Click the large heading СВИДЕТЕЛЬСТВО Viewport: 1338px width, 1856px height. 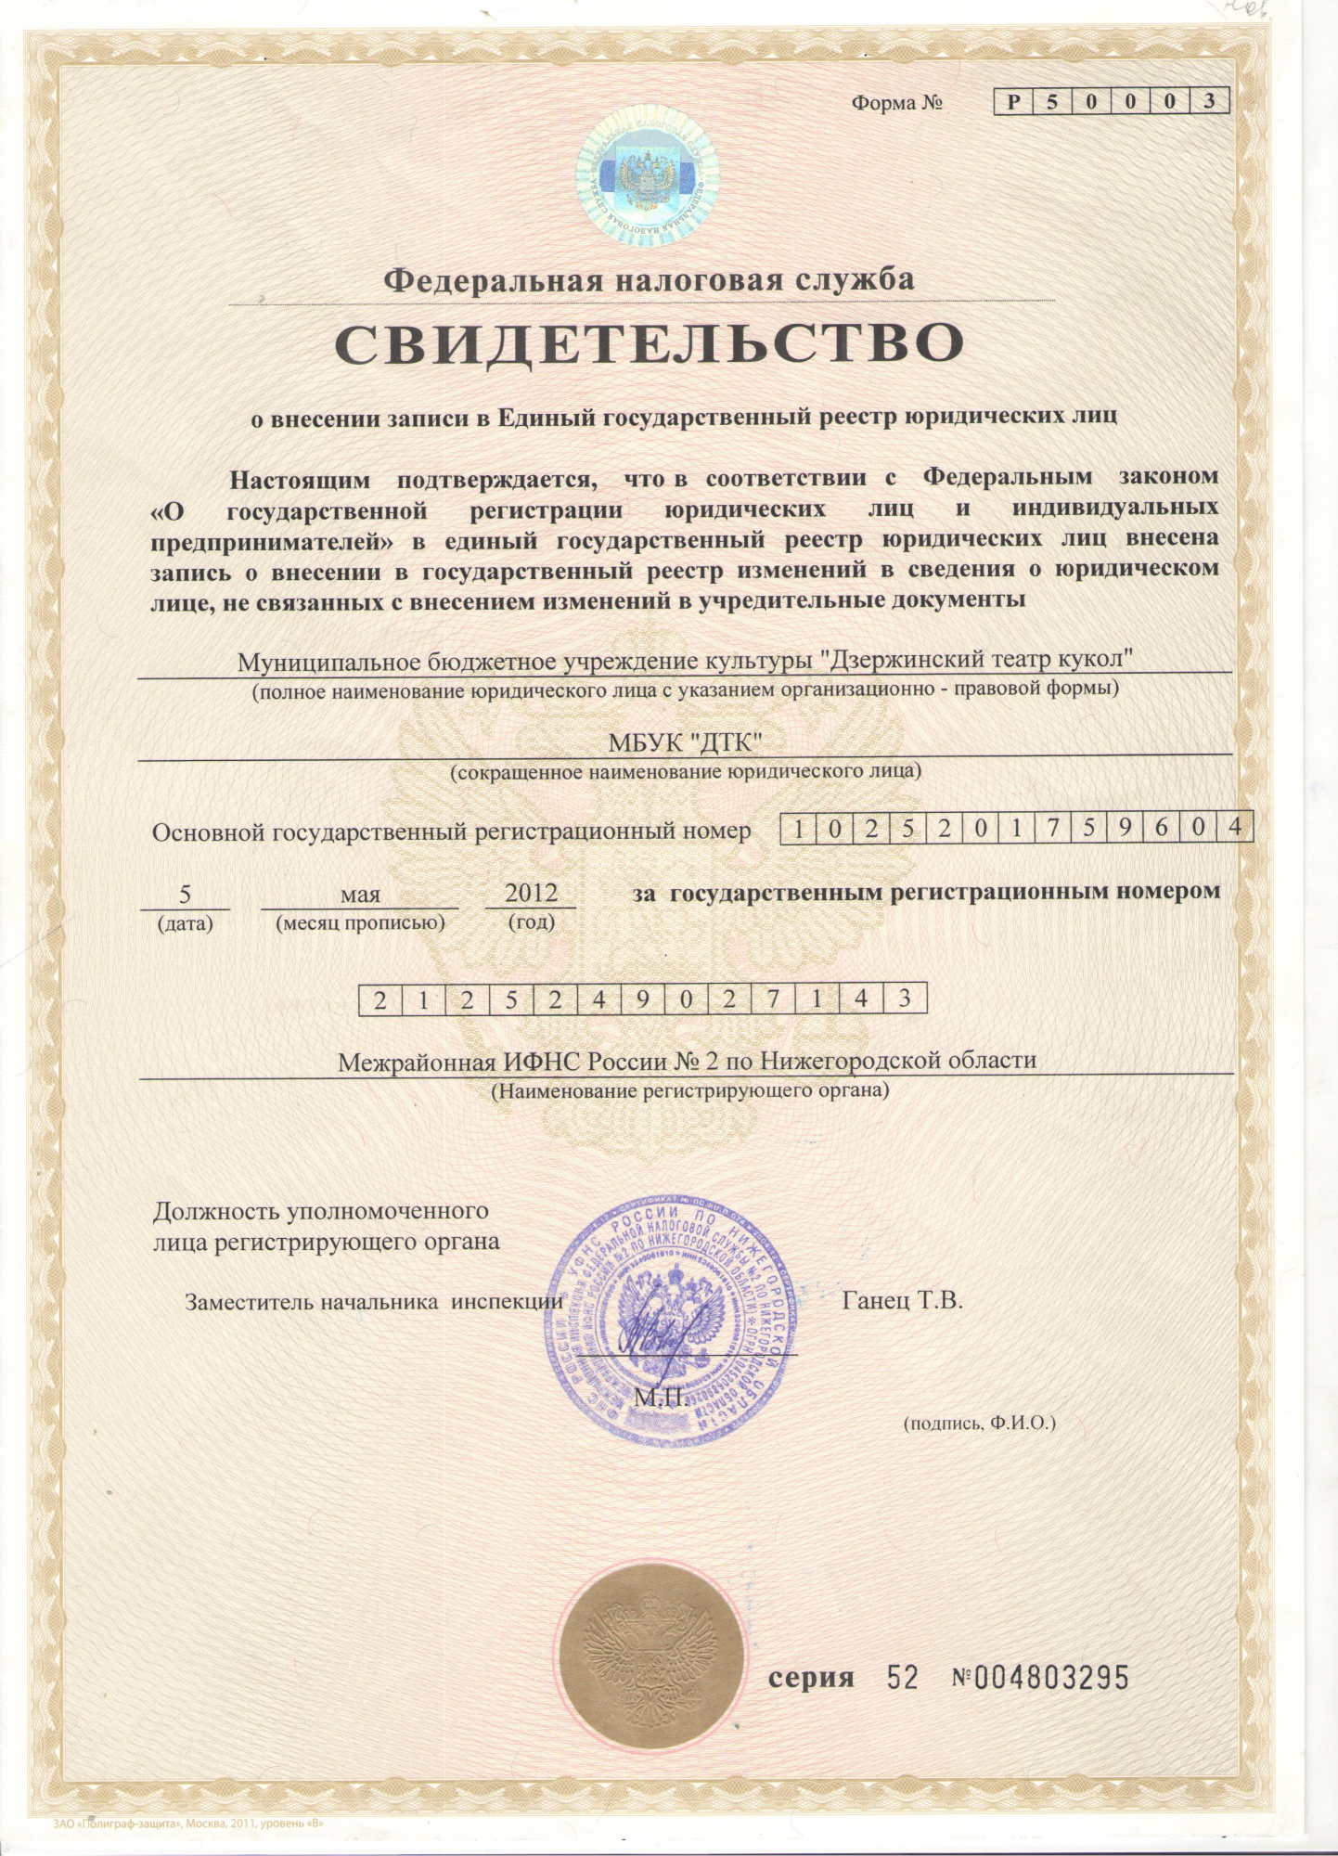pyautogui.click(x=649, y=343)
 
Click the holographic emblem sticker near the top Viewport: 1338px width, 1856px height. pyautogui.click(x=648, y=175)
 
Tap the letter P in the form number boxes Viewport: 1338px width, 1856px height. pyautogui.click(x=1014, y=102)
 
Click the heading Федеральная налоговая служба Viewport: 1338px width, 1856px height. pyautogui.click(x=649, y=279)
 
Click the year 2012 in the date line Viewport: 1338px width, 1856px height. pyautogui.click(x=531, y=893)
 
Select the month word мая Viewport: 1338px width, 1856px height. pyautogui.click(x=360, y=895)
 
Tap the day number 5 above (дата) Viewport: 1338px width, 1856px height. pyautogui.click(x=185, y=894)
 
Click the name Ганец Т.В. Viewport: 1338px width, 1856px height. pyautogui.click(x=902, y=1299)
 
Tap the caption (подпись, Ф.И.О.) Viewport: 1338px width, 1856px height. pyautogui.click(x=980, y=1422)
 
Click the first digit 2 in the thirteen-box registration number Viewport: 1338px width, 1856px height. pyautogui.click(x=380, y=999)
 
